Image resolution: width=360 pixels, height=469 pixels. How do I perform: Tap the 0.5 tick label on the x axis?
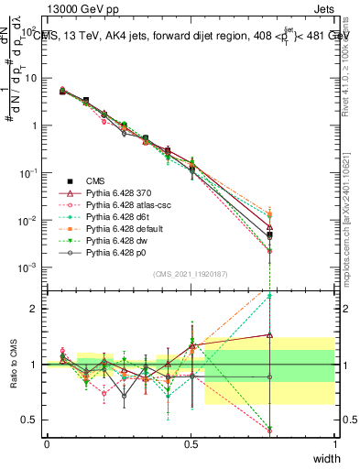191,443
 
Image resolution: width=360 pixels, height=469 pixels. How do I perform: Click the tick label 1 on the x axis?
335,443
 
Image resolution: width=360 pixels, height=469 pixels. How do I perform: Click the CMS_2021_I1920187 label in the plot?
190,273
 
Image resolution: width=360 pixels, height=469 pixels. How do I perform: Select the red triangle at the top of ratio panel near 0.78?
295,335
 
